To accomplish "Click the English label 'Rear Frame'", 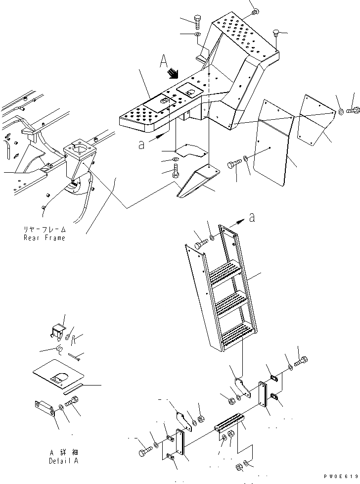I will click(45, 238).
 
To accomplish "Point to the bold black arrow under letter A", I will click(173, 74).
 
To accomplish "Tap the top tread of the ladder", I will click(225, 273).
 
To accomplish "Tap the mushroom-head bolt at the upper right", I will click(276, 34).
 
